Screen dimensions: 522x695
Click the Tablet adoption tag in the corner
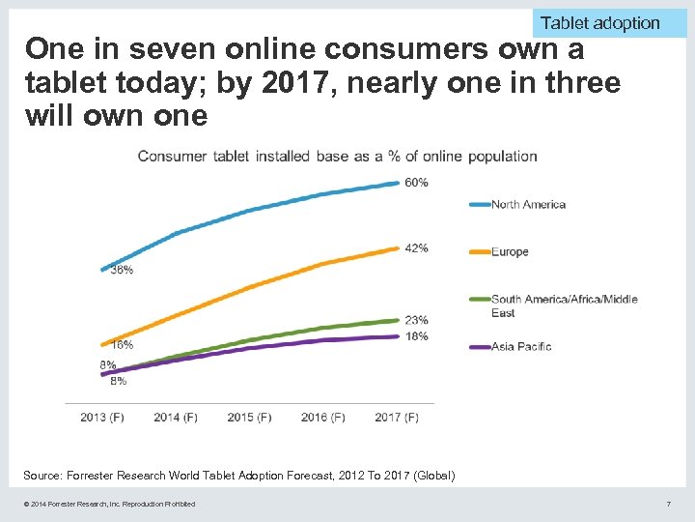(599, 22)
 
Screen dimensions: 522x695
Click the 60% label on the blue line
(416, 183)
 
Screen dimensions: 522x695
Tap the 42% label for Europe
(416, 248)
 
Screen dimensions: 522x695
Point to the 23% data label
(416, 320)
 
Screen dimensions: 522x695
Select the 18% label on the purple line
(416, 336)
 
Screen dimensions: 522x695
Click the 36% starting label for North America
(122, 271)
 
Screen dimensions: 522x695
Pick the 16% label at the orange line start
(122, 345)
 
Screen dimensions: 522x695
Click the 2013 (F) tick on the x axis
(101, 418)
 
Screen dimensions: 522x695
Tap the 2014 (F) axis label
(176, 418)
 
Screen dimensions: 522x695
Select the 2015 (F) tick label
(249, 418)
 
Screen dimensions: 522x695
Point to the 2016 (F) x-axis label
(322, 418)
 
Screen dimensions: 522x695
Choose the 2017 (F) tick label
(397, 418)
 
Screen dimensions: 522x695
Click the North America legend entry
(528, 204)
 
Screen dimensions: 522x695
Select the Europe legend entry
(510, 252)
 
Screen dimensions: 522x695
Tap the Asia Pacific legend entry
(521, 346)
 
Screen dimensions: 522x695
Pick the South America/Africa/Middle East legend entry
(564, 305)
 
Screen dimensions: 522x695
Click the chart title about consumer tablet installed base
(337, 156)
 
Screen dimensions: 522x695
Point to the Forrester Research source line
(238, 476)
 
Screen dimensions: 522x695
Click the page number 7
(668, 504)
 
